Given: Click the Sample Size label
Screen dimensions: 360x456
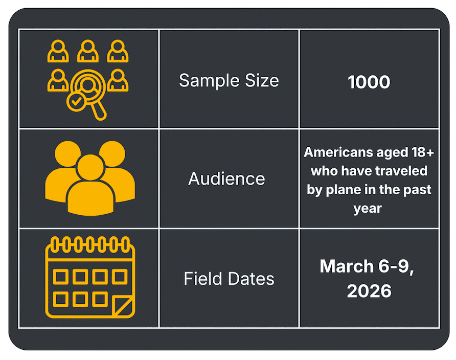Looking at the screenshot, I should pos(229,80).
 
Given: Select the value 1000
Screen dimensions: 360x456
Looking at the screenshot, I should pos(369,82).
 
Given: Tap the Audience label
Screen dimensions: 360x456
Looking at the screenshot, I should pos(226,178).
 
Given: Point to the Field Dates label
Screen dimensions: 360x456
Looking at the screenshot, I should pos(229,279).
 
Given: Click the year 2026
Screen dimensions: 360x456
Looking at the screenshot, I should pos(369,290).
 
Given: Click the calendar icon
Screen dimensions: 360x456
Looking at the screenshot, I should pos(89,279).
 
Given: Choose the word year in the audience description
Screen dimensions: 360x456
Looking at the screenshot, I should pos(368,208).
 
